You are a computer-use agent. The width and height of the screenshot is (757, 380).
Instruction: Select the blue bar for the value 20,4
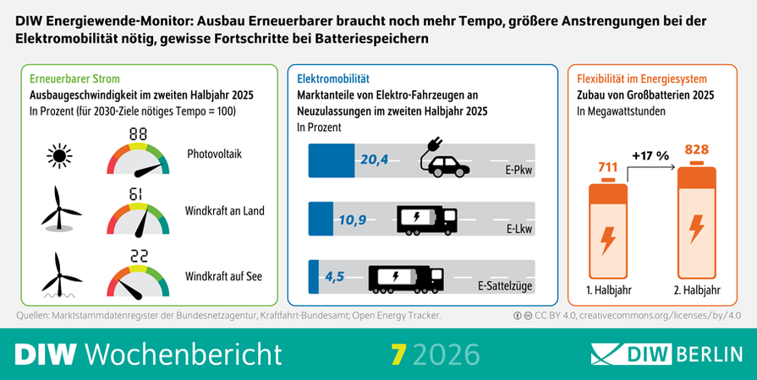332,158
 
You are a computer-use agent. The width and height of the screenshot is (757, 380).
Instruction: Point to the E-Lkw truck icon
426,220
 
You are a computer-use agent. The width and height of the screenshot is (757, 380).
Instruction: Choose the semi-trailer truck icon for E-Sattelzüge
405,278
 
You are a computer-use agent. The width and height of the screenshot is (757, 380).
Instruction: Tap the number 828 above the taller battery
696,150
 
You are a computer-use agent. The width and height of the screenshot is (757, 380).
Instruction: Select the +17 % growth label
650,155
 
